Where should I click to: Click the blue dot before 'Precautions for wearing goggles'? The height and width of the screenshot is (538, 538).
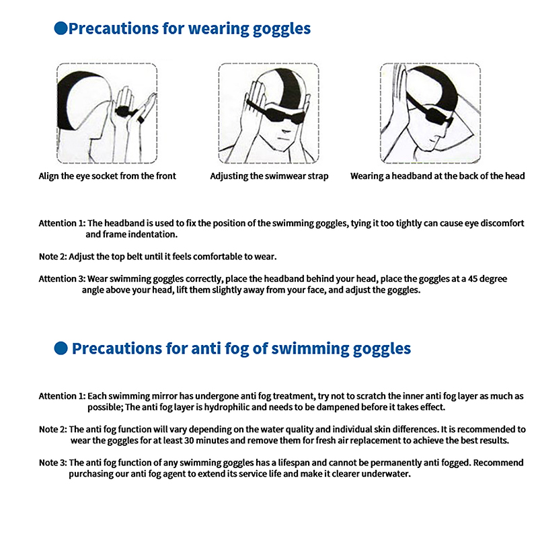(60, 28)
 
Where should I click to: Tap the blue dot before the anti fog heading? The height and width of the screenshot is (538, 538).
(60, 348)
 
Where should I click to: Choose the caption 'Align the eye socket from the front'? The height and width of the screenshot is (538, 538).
(107, 176)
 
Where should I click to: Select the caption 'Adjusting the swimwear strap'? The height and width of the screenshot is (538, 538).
(269, 176)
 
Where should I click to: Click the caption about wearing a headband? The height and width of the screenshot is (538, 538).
(438, 176)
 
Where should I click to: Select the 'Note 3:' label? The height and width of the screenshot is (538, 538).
(52, 463)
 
